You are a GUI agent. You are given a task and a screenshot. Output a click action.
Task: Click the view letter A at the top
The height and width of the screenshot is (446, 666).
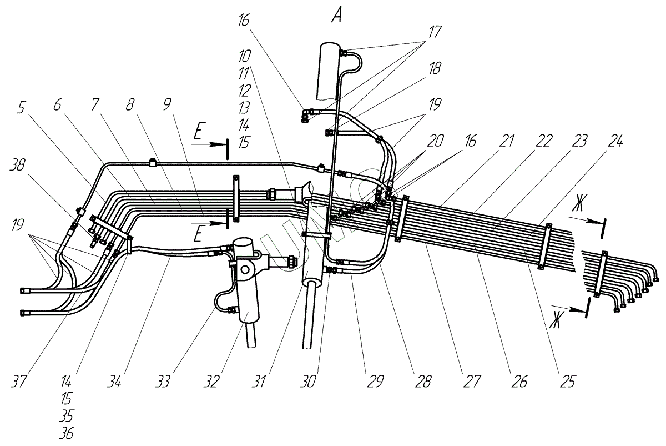pyautogui.click(x=336, y=16)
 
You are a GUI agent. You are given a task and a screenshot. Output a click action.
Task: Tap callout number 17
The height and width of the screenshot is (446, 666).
pyautogui.click(x=435, y=32)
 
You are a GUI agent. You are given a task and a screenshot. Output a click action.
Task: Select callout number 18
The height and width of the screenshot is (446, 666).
pyautogui.click(x=435, y=68)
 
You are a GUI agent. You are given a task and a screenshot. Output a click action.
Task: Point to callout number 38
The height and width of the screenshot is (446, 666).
pyautogui.click(x=18, y=164)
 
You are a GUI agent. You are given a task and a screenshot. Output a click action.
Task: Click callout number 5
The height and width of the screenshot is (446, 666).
pyautogui.click(x=21, y=108)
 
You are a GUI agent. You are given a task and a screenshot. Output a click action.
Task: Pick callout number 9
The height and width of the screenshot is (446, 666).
pyautogui.click(x=57, y=105)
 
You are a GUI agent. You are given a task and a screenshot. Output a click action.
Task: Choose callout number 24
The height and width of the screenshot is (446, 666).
pyautogui.click(x=95, y=105)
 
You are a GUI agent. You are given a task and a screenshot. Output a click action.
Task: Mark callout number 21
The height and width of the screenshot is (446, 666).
pyautogui.click(x=130, y=105)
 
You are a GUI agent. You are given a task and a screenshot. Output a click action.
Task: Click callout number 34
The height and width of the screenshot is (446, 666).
pyautogui.click(x=244, y=56)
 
